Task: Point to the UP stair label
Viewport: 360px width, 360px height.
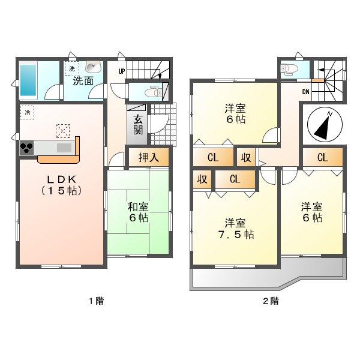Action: [x=122, y=71]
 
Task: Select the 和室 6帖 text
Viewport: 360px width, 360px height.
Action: [x=138, y=212]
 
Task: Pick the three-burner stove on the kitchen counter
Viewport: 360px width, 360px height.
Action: [x=27, y=148]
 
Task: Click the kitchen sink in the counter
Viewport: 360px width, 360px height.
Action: [x=63, y=148]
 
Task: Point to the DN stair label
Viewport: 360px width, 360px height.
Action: [x=305, y=92]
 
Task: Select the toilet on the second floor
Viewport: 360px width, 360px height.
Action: [x=288, y=68]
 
